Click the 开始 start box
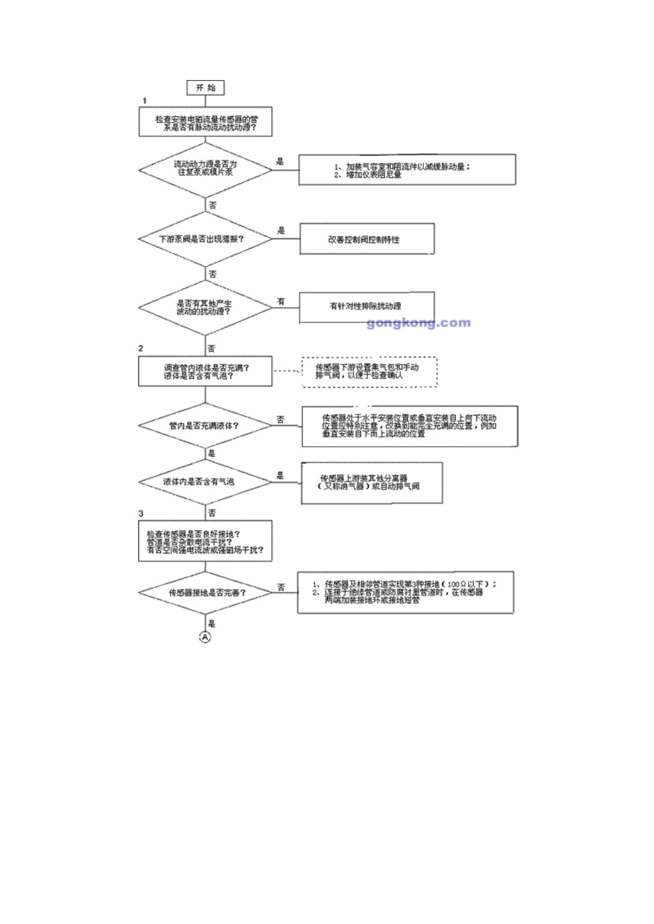coord(206,87)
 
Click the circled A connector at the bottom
coord(205,637)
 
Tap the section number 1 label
coord(145,101)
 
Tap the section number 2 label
coord(141,348)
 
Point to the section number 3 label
coord(141,513)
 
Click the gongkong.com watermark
coord(418,322)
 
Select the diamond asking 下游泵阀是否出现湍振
coord(205,239)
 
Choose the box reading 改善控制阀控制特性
coord(367,239)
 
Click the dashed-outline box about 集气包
coord(369,372)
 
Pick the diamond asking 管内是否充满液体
coord(205,426)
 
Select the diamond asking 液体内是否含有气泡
coord(205,482)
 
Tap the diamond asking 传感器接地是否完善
coord(205,593)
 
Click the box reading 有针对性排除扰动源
coord(367,307)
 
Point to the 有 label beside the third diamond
coord(281,301)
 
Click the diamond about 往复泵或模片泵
coord(205,170)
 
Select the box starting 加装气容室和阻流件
coord(407,170)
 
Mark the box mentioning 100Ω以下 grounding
coord(405,593)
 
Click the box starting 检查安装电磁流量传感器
coord(206,122)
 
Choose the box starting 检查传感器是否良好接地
coord(205,541)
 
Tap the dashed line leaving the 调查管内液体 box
coord(287,371)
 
